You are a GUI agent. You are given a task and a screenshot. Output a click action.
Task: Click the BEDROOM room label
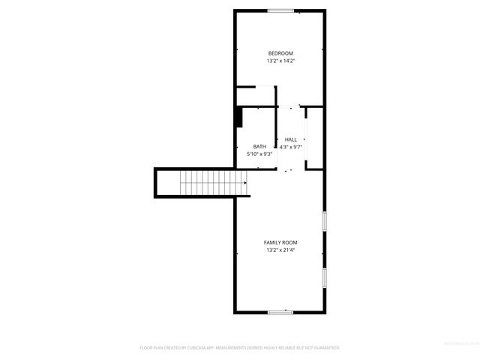tap(280, 52)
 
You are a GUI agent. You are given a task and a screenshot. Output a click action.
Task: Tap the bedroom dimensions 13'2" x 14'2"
tap(280, 61)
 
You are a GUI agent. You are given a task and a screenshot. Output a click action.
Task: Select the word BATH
tap(259, 146)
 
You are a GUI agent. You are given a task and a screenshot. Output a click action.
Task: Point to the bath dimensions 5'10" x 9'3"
tap(259, 154)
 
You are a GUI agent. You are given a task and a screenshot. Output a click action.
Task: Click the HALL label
tap(290, 139)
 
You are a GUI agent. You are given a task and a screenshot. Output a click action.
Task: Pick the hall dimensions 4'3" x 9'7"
tap(290, 147)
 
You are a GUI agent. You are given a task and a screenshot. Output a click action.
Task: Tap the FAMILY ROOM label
tap(280, 242)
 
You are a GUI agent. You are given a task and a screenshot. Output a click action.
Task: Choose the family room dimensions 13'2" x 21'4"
tap(280, 250)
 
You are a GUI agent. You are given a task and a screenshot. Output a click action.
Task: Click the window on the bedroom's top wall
tap(280, 10)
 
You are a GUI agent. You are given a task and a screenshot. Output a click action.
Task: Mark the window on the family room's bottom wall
tap(280, 311)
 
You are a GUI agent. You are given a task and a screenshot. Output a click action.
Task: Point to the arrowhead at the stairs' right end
tap(245, 181)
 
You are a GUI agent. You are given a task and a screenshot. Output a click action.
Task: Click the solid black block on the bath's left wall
tap(239, 118)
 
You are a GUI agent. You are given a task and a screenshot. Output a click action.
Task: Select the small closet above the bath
tap(255, 97)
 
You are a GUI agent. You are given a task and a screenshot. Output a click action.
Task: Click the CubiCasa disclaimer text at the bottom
tap(240, 348)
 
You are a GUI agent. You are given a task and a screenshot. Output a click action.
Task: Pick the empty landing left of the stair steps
tap(169, 181)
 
